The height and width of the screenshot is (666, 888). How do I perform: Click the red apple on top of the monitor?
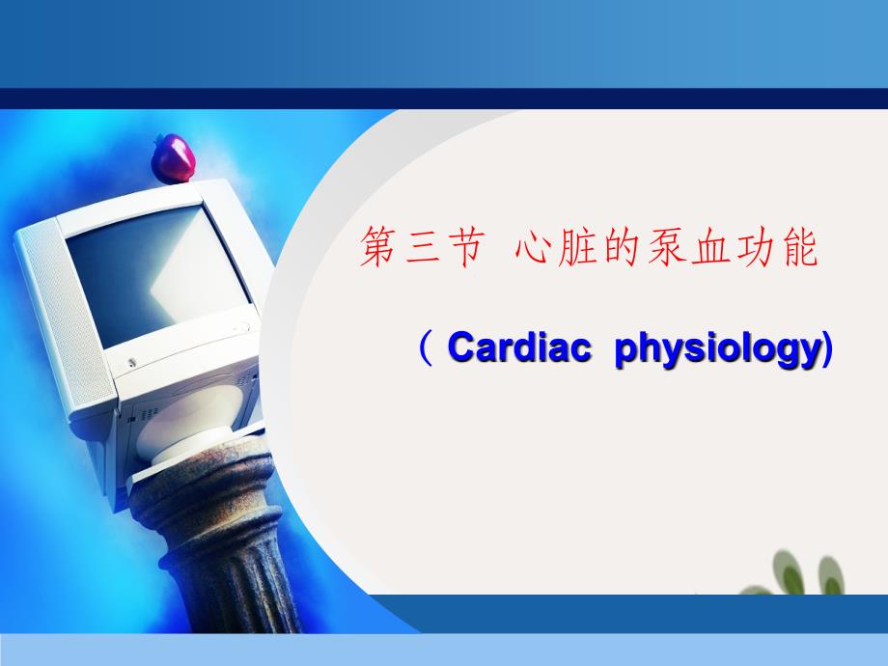(174, 158)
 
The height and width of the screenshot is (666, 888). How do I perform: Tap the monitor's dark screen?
(157, 276)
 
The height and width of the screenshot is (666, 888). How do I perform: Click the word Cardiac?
(519, 347)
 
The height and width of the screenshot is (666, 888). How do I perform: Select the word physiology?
(717, 350)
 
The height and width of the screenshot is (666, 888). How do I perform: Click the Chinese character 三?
(423, 247)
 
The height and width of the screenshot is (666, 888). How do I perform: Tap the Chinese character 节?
(465, 247)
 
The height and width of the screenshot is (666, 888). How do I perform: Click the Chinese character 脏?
(576, 247)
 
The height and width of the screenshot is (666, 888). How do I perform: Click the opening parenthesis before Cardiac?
(426, 348)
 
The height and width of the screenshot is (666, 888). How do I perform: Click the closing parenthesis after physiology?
(827, 348)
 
